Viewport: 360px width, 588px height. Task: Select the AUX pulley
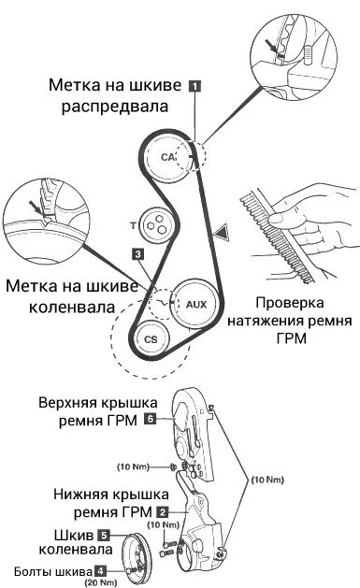click(x=195, y=304)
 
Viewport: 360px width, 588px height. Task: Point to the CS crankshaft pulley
click(x=150, y=338)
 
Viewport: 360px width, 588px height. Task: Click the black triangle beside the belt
click(x=220, y=230)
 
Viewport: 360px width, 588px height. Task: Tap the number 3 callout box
click(x=137, y=253)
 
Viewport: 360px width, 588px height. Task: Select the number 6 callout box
click(x=150, y=421)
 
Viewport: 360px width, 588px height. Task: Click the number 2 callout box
click(x=163, y=511)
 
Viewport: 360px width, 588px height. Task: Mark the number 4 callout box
click(x=99, y=568)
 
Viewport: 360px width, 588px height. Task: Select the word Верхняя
click(x=72, y=404)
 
